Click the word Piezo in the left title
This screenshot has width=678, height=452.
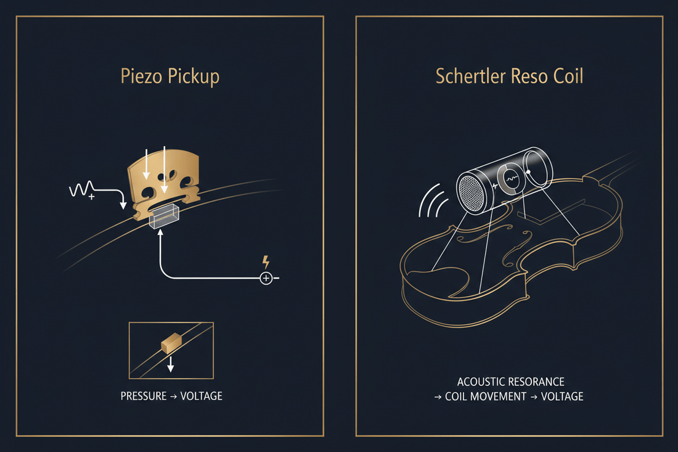[x=141, y=76]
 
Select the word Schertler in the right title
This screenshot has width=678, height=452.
[x=470, y=76]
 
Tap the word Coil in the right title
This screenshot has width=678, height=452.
[x=568, y=76]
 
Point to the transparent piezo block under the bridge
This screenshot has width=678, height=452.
[x=164, y=216]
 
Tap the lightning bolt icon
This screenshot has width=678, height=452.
[x=266, y=262]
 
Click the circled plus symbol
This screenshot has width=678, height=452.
[x=266, y=278]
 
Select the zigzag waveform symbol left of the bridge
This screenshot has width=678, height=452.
[x=81, y=189]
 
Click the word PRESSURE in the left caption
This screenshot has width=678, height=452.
[x=144, y=397]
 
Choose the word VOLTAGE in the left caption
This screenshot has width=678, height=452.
[x=201, y=397]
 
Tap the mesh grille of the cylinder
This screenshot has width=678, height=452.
[x=470, y=192]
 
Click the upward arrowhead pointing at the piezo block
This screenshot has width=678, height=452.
[x=160, y=233]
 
